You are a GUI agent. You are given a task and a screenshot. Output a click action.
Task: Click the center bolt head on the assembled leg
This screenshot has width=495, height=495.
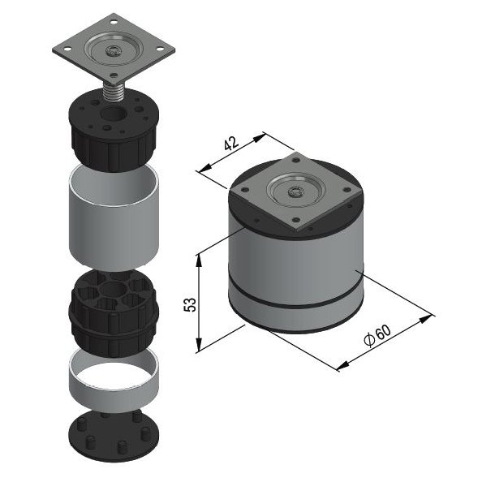(296, 192)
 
